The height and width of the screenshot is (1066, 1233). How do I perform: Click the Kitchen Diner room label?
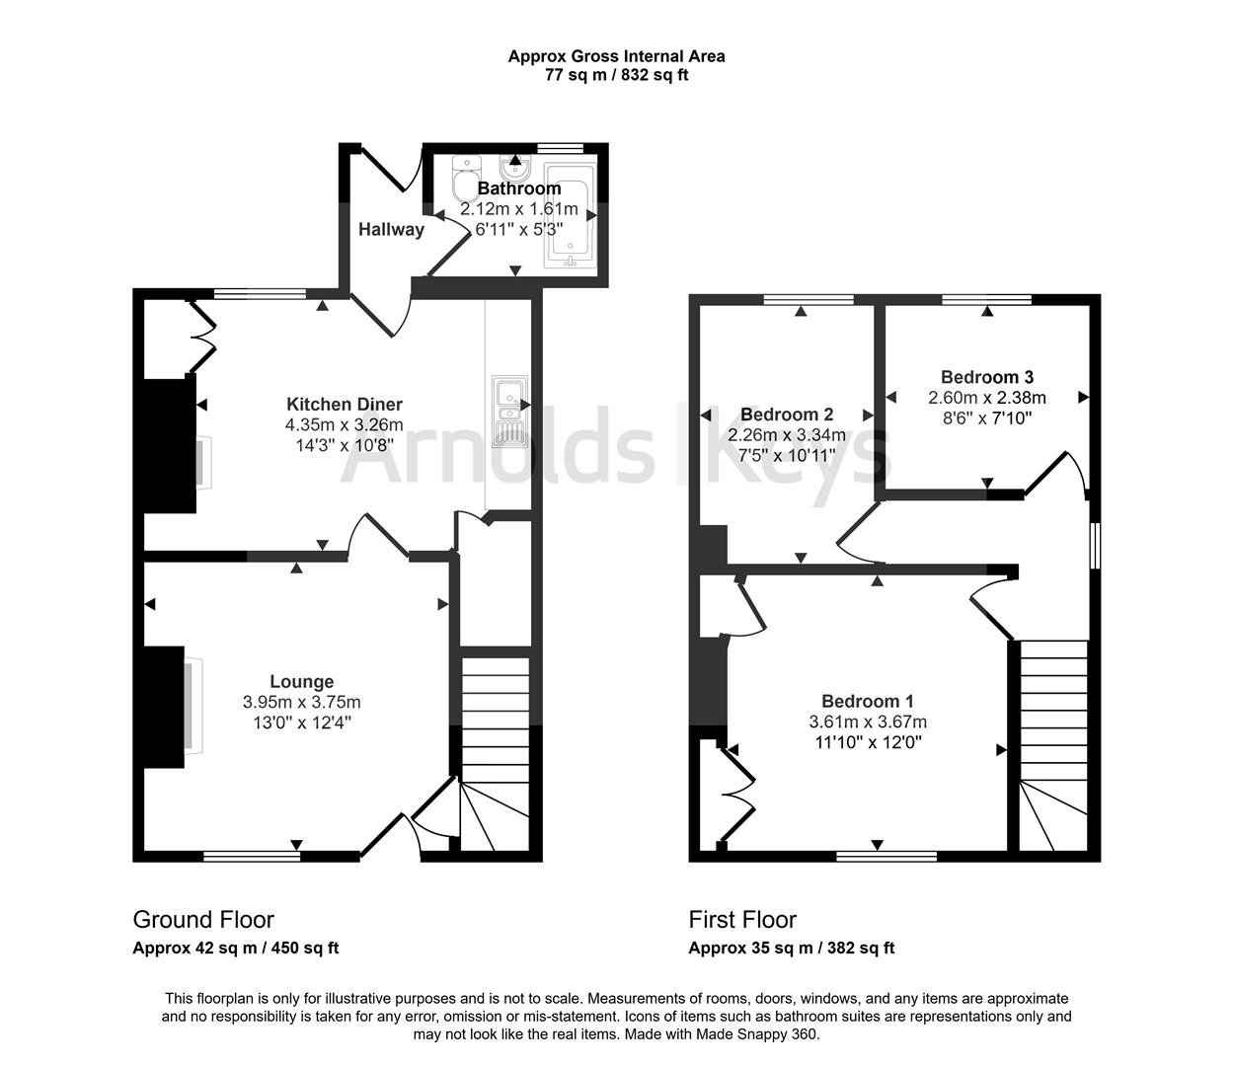[x=344, y=404]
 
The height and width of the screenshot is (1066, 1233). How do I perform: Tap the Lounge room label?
[x=301, y=681]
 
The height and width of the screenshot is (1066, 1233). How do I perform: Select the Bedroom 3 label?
[x=986, y=377]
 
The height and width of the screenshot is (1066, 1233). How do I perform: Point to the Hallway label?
[x=391, y=229]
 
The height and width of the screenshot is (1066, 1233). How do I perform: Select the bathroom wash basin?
[x=515, y=165]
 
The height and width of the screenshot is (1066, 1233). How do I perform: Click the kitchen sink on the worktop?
[x=510, y=412]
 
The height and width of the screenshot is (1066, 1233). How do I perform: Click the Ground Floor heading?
[x=203, y=920]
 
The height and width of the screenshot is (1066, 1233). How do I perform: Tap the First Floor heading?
[x=742, y=920]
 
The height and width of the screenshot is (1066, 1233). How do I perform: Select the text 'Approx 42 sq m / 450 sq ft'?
[x=236, y=949]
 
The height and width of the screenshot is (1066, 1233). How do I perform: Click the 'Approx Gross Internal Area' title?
[x=616, y=56]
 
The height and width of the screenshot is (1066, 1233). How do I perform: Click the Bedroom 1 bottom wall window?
[x=886, y=856]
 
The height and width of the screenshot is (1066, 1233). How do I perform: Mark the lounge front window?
[x=252, y=856]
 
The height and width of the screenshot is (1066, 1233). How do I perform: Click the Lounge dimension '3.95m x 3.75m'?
[x=301, y=702]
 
